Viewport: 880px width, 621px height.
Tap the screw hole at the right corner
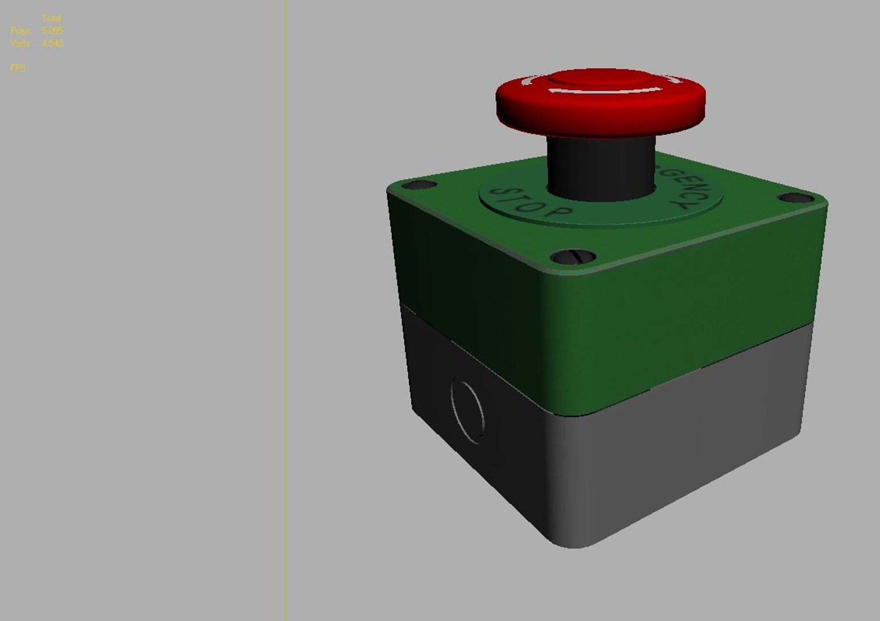[795, 198]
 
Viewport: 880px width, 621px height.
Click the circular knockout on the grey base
[467, 411]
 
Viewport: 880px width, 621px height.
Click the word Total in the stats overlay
[52, 18]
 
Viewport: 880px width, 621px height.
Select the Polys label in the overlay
[21, 30]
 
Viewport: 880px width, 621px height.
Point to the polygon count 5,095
[52, 30]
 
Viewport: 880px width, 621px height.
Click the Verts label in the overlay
[21, 43]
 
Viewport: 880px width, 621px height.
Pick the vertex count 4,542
[52, 43]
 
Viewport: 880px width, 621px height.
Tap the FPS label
[18, 68]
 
